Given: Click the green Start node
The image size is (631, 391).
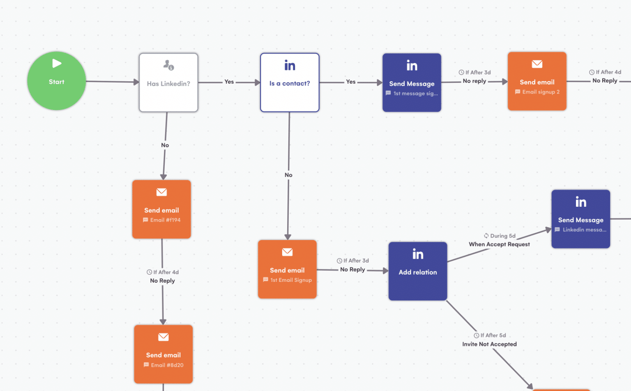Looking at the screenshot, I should [56, 81].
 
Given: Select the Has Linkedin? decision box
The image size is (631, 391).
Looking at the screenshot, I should [168, 82].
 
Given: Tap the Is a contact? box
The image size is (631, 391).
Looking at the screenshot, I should [290, 82].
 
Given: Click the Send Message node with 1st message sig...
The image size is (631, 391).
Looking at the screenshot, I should [412, 82].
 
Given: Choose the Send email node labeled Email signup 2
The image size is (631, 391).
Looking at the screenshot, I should [537, 81].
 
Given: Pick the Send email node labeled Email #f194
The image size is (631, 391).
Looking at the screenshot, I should [161, 209].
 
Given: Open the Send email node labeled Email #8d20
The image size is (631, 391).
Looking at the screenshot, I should [163, 354].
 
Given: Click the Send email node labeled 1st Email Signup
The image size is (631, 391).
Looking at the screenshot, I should [287, 269].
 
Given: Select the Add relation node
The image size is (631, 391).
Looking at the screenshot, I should [418, 271].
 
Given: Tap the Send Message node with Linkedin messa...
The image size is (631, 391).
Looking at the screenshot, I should [580, 219].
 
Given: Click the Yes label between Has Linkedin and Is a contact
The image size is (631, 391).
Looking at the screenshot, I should [229, 82].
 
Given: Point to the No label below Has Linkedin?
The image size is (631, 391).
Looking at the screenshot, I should [165, 145].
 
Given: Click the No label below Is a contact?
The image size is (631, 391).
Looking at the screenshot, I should [288, 175].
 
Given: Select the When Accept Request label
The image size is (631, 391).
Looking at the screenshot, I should [499, 245].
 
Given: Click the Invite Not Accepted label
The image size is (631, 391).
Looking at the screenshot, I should [489, 344].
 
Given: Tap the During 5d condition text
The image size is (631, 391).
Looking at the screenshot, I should [502, 236].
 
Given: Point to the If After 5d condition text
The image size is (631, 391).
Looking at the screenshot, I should [493, 336].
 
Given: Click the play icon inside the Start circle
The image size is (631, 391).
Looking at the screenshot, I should [57, 63].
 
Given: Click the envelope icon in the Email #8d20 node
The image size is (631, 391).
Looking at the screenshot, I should [164, 337].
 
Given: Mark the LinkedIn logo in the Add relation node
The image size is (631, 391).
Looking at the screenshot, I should [418, 254].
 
